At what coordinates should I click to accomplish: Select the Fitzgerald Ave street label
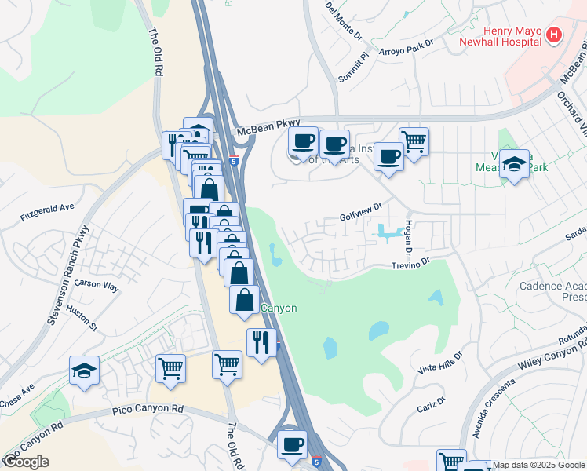click(x=48, y=207)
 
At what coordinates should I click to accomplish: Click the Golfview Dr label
click(x=360, y=210)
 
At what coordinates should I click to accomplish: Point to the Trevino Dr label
click(x=412, y=265)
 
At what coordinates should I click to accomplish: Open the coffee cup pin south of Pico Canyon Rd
click(x=293, y=444)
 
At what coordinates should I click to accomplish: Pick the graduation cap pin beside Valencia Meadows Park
click(x=514, y=163)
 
